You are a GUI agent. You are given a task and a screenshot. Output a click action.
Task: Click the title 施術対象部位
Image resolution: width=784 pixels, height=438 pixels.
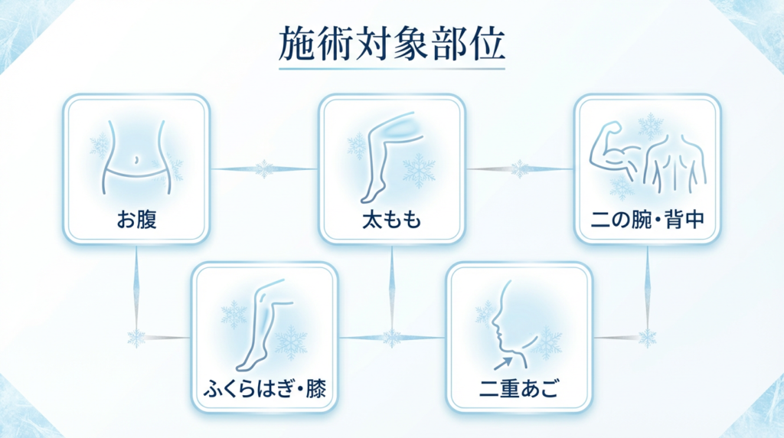click(x=391, y=44)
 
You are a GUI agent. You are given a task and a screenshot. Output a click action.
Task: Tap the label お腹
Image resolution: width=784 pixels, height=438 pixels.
click(x=136, y=220)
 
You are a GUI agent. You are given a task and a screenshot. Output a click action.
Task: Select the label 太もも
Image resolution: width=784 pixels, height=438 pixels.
click(x=392, y=220)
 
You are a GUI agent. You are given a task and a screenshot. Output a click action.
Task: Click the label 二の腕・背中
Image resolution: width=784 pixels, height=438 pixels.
click(x=648, y=220)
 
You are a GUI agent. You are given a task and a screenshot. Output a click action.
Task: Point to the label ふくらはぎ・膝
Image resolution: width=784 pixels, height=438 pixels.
click(x=264, y=388)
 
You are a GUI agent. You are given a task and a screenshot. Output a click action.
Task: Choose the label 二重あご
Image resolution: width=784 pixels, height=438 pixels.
click(x=519, y=388)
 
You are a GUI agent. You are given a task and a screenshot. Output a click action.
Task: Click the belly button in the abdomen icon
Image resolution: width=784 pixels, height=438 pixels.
click(x=136, y=160)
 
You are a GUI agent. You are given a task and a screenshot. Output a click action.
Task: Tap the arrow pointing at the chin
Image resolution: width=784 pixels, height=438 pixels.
click(x=503, y=363)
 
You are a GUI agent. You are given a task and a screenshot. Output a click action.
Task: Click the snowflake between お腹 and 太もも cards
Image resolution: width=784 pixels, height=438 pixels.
click(x=264, y=169)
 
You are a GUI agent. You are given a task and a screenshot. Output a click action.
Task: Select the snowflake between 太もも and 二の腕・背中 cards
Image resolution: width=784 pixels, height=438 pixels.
click(x=520, y=169)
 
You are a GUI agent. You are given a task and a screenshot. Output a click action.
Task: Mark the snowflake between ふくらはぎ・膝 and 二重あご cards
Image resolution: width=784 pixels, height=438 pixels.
click(x=392, y=338)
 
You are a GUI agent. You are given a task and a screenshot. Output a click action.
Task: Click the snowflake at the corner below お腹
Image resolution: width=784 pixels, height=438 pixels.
click(x=136, y=338)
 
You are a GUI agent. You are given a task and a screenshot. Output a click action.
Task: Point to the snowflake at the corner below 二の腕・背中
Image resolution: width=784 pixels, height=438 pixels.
click(x=648, y=338)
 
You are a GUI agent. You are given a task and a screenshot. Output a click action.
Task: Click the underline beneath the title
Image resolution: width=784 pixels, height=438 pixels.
click(x=391, y=68)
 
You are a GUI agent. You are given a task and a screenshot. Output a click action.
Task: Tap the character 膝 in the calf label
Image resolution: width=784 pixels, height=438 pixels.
click(x=316, y=388)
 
